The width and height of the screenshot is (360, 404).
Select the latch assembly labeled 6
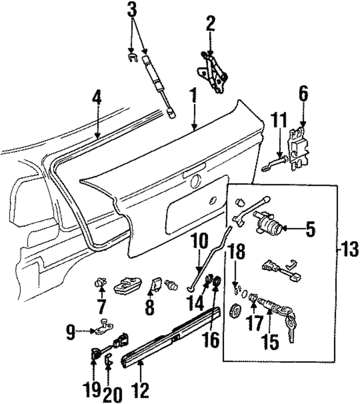click(300, 148)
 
